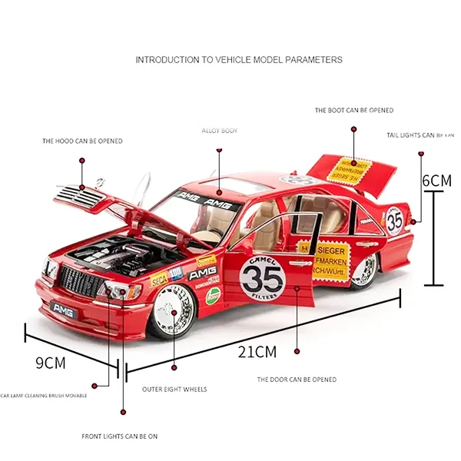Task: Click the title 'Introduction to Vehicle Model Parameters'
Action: click(238, 59)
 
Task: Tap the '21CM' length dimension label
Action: click(256, 353)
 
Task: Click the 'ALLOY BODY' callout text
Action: click(220, 131)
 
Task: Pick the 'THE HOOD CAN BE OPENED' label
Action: click(82, 141)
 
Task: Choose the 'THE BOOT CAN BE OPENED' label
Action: click(354, 111)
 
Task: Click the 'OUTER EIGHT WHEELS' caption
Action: click(174, 390)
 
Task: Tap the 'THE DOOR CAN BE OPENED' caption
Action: click(297, 380)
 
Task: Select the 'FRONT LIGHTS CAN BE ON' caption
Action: click(120, 436)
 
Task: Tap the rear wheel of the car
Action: click(366, 269)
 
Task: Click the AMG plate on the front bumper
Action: click(62, 307)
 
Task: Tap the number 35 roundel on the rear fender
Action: click(395, 221)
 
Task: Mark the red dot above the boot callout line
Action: click(354, 129)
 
